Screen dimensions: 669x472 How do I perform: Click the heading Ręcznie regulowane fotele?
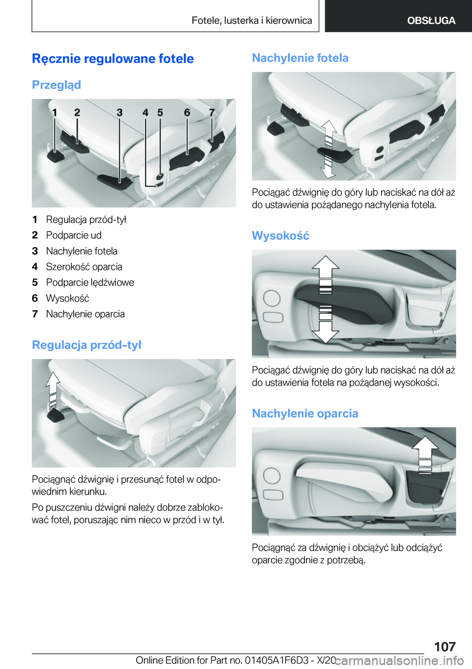click(113, 58)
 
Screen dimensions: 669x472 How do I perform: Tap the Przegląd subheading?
click(56, 85)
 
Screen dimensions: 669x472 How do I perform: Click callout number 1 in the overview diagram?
click(55, 112)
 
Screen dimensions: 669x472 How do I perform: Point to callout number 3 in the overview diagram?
click(119, 112)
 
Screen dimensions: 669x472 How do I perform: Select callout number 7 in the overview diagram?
click(212, 112)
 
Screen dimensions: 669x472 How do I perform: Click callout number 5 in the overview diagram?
click(160, 112)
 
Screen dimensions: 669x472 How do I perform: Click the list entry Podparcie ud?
click(74, 235)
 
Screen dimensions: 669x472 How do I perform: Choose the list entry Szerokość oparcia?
click(84, 267)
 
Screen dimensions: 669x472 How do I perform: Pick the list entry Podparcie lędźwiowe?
click(90, 282)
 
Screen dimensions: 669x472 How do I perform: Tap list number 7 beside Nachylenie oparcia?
click(35, 314)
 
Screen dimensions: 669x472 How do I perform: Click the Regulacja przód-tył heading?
click(87, 345)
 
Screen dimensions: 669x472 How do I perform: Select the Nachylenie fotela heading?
click(300, 58)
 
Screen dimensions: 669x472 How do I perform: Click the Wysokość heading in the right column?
click(280, 236)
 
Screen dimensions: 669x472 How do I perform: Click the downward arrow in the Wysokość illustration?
click(325, 329)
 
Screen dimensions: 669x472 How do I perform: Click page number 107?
click(444, 646)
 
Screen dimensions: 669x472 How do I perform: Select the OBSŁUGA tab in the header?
click(431, 21)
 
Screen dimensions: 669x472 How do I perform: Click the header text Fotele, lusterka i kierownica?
click(252, 21)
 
